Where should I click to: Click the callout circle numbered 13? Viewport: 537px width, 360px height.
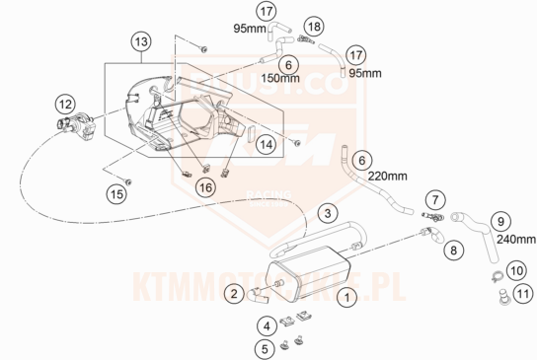click(142, 42)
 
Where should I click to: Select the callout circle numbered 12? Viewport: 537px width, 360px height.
click(64, 102)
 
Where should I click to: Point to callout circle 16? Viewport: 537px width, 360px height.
click(204, 185)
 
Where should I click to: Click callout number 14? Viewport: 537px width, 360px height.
click(267, 144)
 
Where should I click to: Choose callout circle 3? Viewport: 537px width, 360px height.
click(327, 211)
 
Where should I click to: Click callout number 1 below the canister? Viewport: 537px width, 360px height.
click(345, 294)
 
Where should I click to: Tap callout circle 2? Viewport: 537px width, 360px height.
click(233, 293)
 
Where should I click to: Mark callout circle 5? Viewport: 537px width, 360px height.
click(265, 346)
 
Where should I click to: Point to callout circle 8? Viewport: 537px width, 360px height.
click(454, 251)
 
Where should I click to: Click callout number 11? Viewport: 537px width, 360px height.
click(524, 291)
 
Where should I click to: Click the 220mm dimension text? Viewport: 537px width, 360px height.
click(387, 176)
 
